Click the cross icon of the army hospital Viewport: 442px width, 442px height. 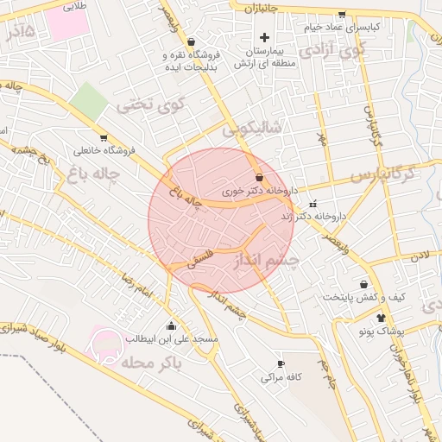tap(265, 37)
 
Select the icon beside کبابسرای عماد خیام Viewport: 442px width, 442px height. tap(342, 15)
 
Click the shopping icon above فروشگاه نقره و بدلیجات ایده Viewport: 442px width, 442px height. tap(191, 41)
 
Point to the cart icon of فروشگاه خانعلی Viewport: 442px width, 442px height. tap(104, 137)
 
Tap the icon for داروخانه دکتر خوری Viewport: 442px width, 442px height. tap(260, 177)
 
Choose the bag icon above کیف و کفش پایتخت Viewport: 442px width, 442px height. tap(363, 284)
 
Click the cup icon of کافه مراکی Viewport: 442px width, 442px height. tap(280, 364)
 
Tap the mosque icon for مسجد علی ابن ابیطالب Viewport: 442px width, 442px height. tap(171, 326)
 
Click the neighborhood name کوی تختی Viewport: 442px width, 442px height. tap(152, 107)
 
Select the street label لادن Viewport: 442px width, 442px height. tap(420, 256)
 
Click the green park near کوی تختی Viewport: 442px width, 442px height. tap(89, 102)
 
